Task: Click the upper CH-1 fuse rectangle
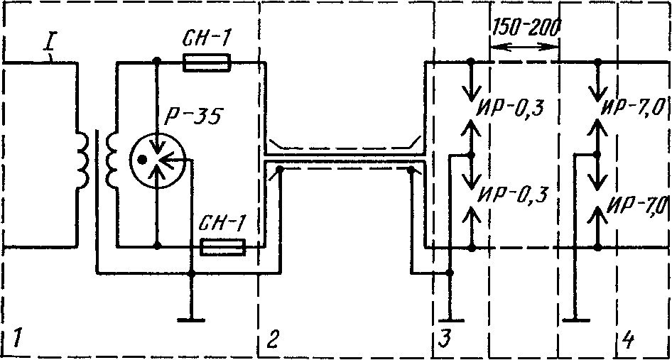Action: click(207, 62)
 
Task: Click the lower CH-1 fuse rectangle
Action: click(223, 247)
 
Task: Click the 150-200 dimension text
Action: click(524, 28)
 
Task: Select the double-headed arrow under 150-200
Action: click(524, 47)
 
